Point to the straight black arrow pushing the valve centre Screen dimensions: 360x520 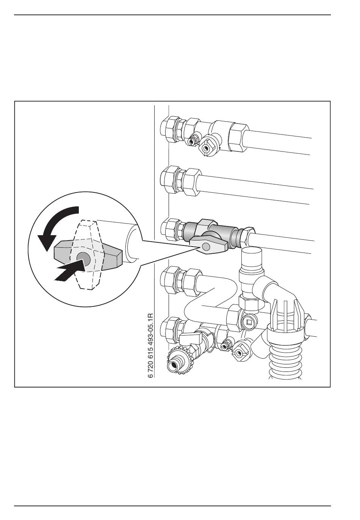[x=69, y=272]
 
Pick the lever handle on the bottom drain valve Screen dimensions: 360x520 [x=191, y=337]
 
